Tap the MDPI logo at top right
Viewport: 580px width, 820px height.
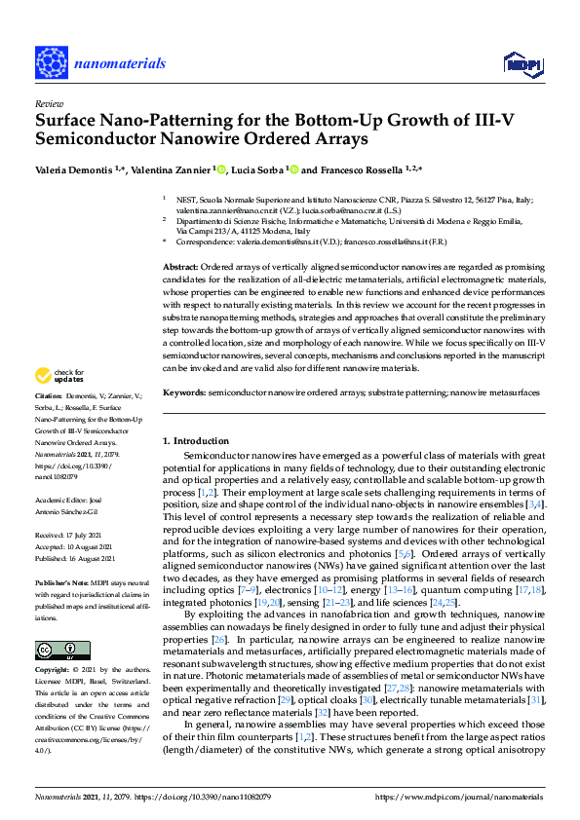click(522, 63)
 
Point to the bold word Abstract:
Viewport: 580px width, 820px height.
click(179, 267)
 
